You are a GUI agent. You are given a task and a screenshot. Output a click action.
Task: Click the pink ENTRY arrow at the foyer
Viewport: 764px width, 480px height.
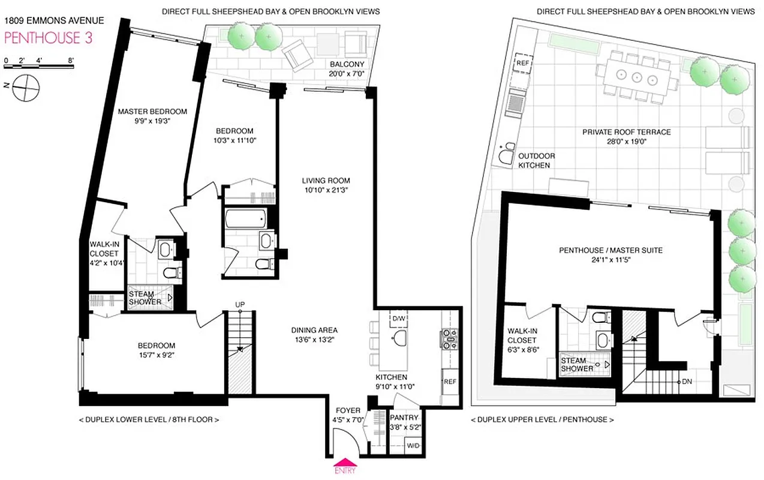pyautogui.click(x=345, y=462)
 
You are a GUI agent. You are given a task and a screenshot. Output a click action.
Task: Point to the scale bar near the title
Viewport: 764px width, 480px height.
pyautogui.click(x=38, y=61)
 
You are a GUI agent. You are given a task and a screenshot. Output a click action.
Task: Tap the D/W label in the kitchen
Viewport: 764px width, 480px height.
pyautogui.click(x=398, y=317)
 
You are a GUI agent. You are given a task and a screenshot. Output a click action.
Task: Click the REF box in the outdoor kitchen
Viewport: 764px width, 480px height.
pyautogui.click(x=523, y=62)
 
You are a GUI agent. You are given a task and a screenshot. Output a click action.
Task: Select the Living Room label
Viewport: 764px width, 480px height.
pyautogui.click(x=326, y=181)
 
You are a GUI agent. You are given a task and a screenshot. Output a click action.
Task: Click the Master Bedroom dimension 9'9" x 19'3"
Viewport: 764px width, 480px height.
pyautogui.click(x=152, y=121)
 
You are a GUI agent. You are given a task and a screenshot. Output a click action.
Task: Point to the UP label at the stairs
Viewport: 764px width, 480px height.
pyautogui.click(x=240, y=305)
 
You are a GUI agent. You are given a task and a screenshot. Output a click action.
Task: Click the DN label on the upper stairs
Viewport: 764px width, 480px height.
pyautogui.click(x=687, y=382)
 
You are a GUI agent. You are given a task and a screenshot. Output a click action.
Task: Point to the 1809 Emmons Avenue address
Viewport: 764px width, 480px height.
pyautogui.click(x=54, y=21)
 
